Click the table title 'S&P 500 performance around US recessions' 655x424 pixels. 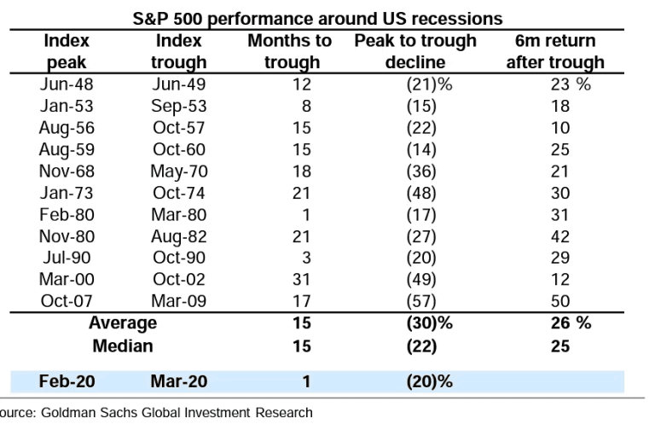(x=317, y=18)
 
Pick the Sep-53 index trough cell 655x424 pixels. (x=178, y=106)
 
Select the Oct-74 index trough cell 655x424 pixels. (x=179, y=193)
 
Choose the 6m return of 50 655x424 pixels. (x=560, y=300)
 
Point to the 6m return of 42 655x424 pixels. (x=560, y=236)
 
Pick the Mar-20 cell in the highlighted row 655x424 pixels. (x=179, y=381)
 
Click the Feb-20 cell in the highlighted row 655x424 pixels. (x=61, y=381)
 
